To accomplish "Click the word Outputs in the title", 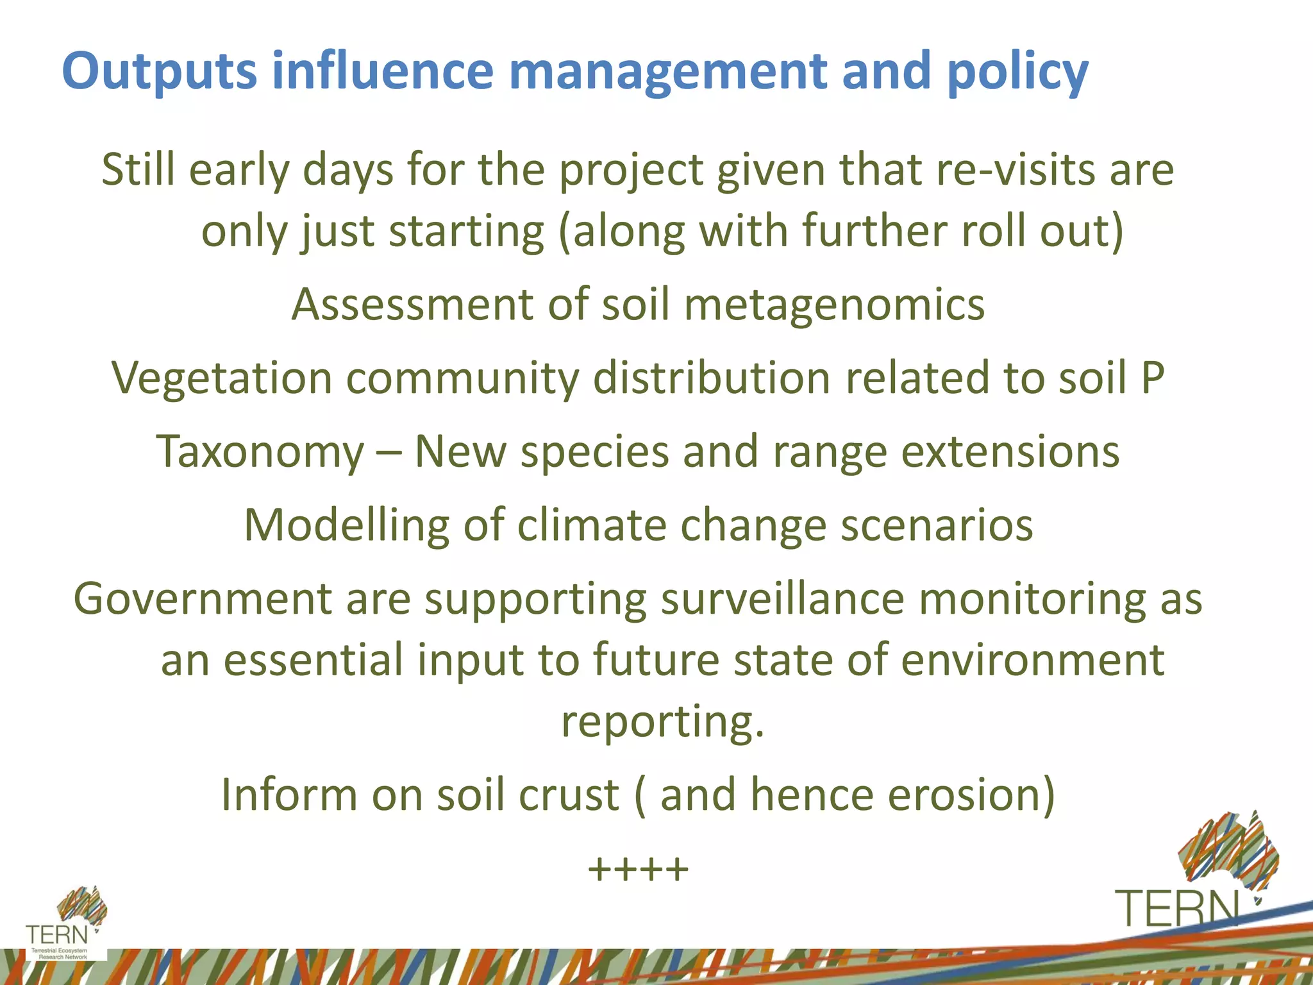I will [159, 72].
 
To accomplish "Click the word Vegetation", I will [222, 378].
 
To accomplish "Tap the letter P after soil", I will [1152, 378].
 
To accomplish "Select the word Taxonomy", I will [260, 451].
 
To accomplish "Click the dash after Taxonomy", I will [389, 453].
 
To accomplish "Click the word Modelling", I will [347, 525].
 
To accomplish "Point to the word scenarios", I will [937, 525].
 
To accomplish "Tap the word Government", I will [202, 599].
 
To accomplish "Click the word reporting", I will [662, 722].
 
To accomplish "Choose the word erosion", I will [970, 795].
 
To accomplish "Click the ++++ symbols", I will [638, 870].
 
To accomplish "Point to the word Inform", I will [289, 795].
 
